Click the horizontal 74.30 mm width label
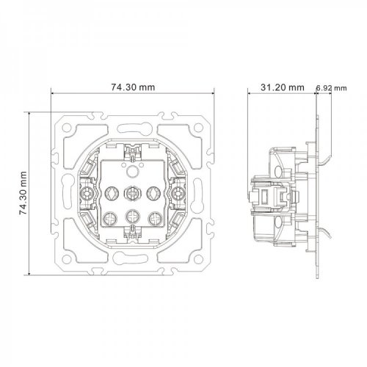[x=133, y=87]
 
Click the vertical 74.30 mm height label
[x=23, y=193]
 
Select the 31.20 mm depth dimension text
[x=283, y=87]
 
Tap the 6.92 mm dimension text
[x=331, y=88]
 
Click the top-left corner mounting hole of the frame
[x=67, y=127]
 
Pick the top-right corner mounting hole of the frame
[x=198, y=127]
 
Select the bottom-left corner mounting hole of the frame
[x=67, y=259]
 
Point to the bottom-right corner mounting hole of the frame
[x=198, y=259]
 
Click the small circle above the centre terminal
[x=132, y=170]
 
